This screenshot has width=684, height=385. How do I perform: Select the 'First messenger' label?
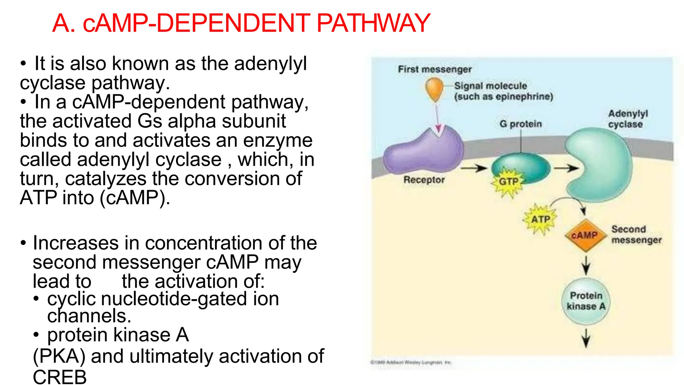coord(435,69)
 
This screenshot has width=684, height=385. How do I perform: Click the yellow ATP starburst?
coord(540,219)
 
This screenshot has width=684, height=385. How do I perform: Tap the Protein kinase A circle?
coord(586,301)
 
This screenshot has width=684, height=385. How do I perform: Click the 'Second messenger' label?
coord(636,235)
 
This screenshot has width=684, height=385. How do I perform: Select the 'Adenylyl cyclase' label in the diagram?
coord(628,119)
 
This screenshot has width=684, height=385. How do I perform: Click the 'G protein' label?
coord(520,124)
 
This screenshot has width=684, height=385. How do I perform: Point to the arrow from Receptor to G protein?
coord(474,168)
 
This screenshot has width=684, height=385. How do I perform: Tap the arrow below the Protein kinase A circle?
coord(586,338)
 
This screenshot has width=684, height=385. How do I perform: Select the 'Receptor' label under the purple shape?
coord(424,180)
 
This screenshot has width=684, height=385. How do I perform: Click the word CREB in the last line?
coord(60,377)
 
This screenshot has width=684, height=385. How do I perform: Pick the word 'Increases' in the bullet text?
coord(75,243)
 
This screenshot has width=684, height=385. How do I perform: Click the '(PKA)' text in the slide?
coord(59,356)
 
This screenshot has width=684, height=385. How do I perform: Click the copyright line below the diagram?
coord(411,362)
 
